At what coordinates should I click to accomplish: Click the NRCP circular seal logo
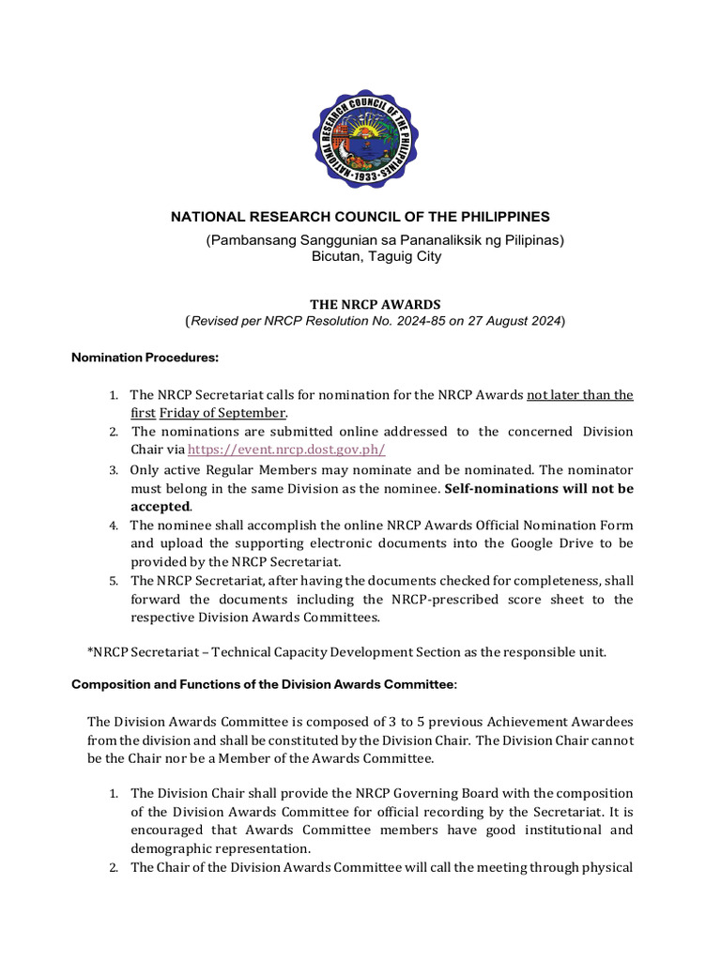pos(365,139)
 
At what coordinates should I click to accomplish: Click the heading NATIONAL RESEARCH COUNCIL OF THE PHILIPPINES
pos(360,217)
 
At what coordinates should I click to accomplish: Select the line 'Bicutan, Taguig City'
pos(376,255)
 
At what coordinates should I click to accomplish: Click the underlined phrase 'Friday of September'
pos(222,413)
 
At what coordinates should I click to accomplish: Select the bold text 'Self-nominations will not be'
pos(539,488)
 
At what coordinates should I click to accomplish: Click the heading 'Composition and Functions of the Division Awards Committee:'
pos(265,684)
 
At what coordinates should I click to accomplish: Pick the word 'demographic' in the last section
pos(172,848)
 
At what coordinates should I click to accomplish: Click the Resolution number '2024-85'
pos(447,322)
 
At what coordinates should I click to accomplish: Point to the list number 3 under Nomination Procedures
pos(113,469)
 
